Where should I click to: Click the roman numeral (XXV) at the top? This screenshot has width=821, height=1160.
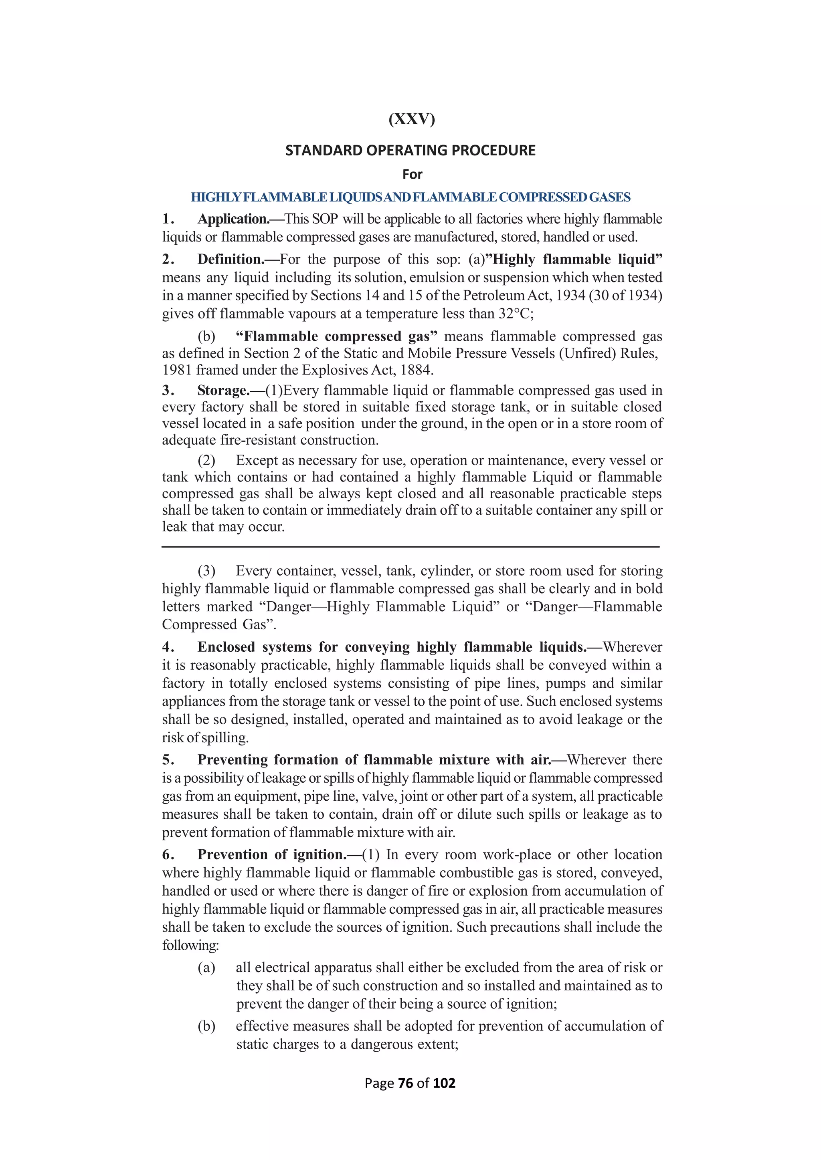[x=412, y=119]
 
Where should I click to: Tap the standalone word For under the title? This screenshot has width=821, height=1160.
[x=412, y=174]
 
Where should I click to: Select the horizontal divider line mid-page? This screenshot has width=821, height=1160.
[x=410, y=547]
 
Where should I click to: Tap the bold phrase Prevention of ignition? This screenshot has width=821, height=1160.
[x=271, y=854]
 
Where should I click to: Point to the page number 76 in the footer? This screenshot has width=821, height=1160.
[x=405, y=1083]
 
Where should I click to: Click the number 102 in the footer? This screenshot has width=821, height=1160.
[x=444, y=1083]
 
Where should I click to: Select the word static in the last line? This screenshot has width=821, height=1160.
[x=252, y=1044]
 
